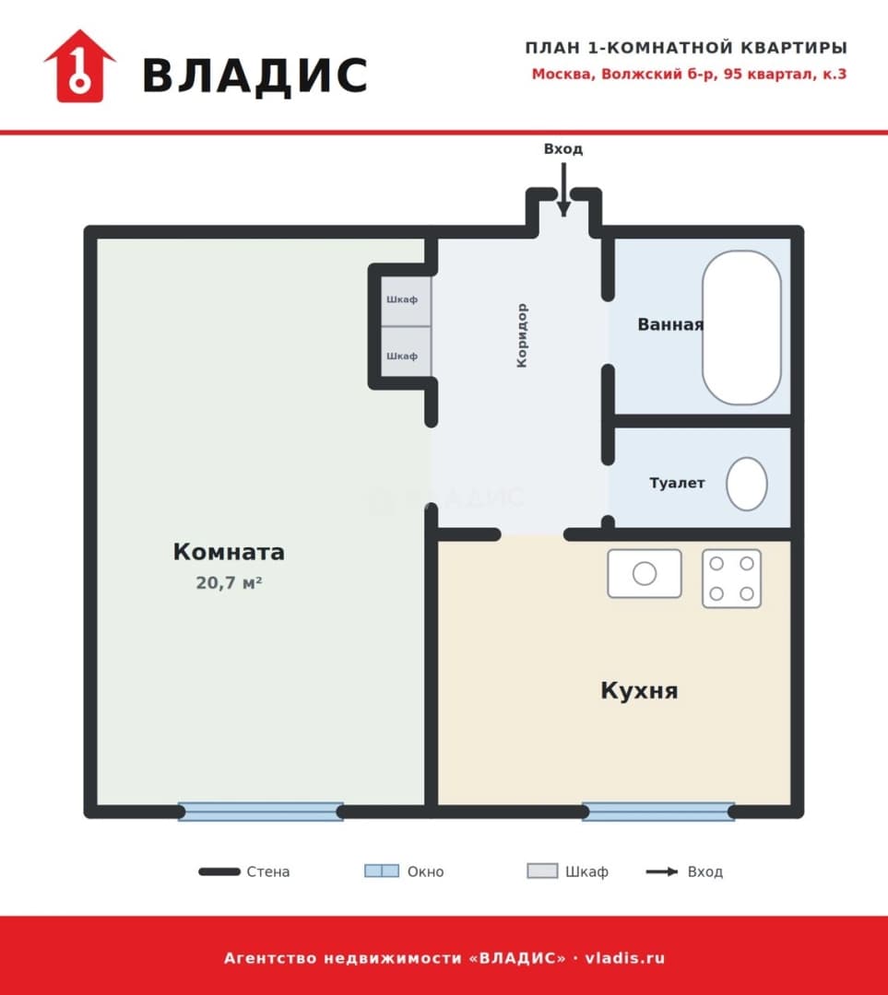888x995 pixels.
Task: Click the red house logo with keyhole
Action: click(x=79, y=66)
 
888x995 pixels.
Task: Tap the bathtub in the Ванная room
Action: click(x=741, y=327)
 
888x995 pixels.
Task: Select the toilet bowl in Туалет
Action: click(x=746, y=484)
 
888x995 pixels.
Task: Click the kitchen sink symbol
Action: click(x=644, y=574)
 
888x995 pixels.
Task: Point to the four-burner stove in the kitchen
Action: click(x=731, y=579)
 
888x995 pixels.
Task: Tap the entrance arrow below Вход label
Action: click(x=563, y=190)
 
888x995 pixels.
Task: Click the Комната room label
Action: click(x=229, y=552)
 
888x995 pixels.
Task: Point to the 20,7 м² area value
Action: click(x=229, y=582)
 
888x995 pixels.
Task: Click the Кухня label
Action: click(x=639, y=690)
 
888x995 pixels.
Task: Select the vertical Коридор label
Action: click(x=522, y=335)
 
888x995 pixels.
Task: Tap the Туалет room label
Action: click(x=677, y=483)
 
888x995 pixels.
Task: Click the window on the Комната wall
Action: click(x=260, y=812)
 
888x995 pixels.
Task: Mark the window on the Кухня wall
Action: click(x=658, y=812)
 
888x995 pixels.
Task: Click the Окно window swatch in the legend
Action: click(x=382, y=872)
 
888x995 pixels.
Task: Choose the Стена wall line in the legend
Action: click(x=219, y=872)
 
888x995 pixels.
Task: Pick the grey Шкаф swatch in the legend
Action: click(x=542, y=872)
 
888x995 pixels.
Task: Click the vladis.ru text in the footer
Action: click(x=624, y=957)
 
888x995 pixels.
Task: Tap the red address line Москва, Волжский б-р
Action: click(x=689, y=75)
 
